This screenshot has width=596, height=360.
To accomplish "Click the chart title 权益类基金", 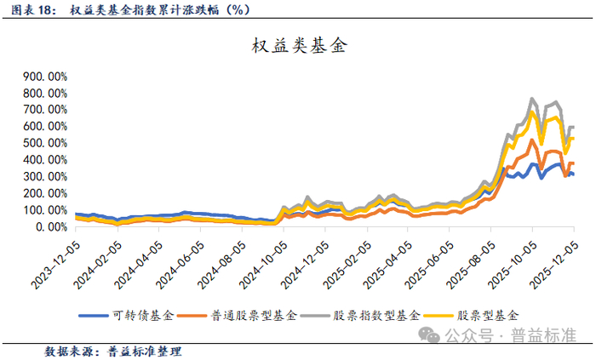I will tap(298, 47).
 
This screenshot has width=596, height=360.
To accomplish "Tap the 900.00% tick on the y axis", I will tap(48, 76).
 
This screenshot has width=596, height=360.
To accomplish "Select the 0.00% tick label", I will tap(52, 227).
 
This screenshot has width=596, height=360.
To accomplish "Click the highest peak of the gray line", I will tap(532, 99).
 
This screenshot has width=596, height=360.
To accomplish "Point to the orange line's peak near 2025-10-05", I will tap(532, 140).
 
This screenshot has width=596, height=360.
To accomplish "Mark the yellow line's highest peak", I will tap(532, 111).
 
